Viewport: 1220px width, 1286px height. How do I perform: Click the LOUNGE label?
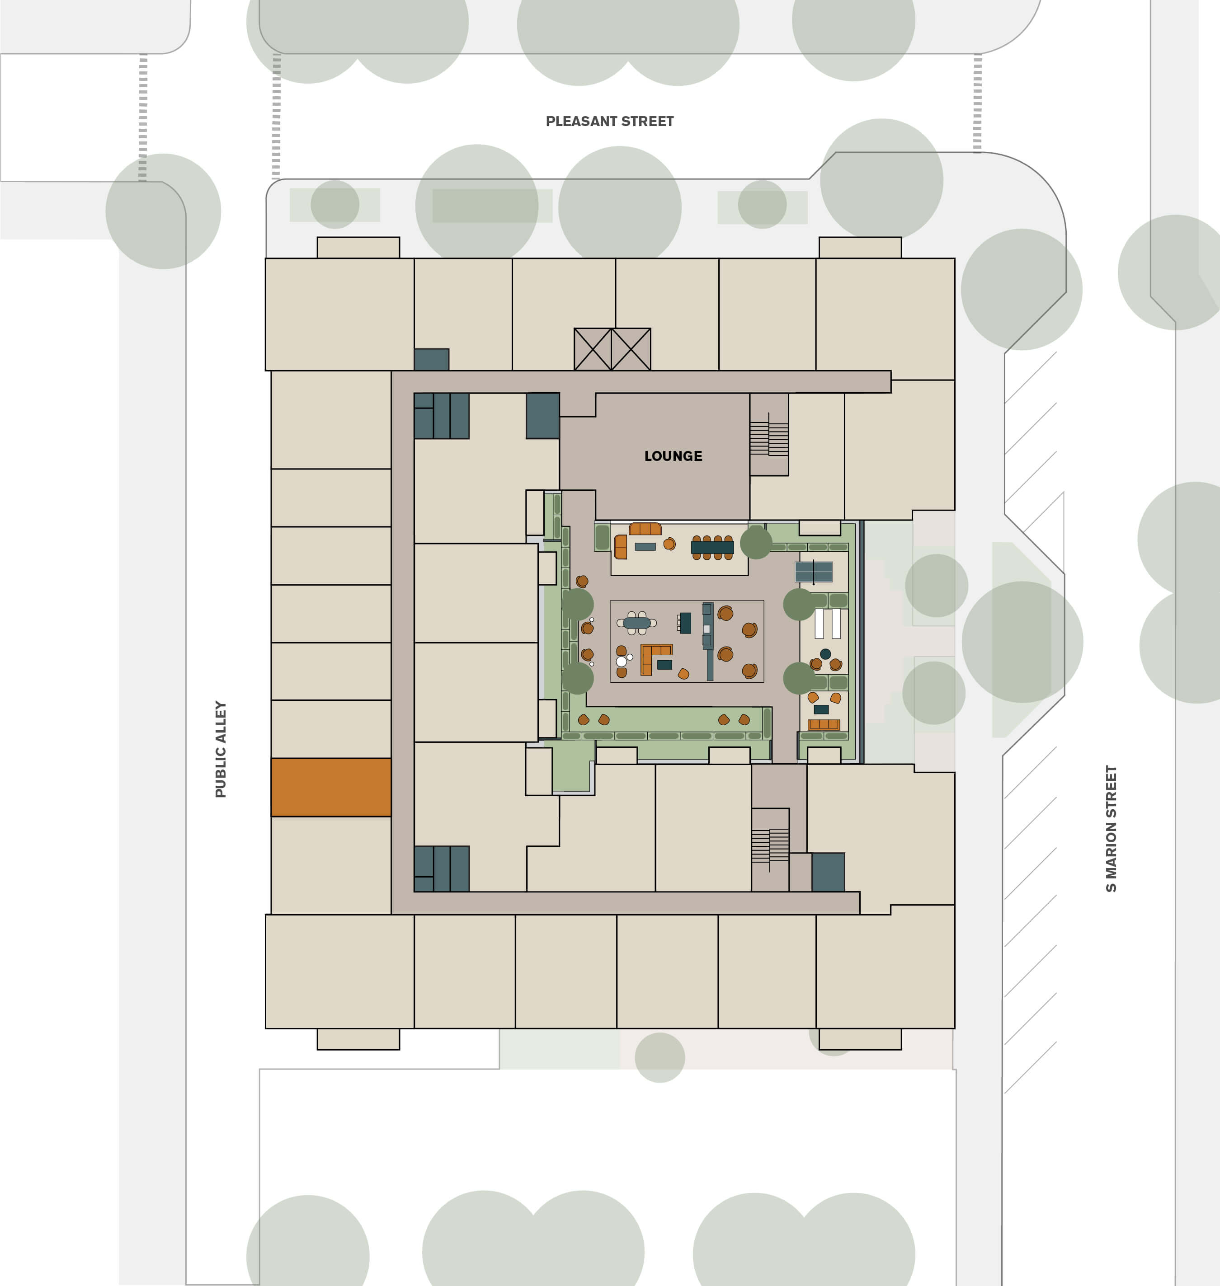pos(673,456)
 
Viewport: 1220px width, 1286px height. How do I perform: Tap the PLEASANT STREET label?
pos(609,122)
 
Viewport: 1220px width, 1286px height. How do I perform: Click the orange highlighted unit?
pos(331,787)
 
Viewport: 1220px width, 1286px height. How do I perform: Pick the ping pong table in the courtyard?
pos(814,572)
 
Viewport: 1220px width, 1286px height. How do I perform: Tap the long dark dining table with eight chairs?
pos(712,547)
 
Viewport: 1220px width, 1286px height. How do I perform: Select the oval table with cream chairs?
pos(636,623)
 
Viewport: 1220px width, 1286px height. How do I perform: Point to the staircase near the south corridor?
pos(770,846)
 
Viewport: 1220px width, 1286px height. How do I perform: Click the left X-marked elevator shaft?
pos(593,349)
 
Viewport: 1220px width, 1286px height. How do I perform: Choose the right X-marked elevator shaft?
pos(631,349)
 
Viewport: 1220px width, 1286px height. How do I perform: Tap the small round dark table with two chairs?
pos(825,654)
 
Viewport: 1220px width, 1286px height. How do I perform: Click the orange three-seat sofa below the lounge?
pos(645,529)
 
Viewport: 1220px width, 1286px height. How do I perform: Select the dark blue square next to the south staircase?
pos(828,872)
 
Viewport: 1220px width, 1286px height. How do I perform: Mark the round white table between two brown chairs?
pos(621,661)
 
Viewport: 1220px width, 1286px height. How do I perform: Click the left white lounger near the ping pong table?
pos(819,624)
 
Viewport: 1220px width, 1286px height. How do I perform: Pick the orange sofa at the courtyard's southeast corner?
pos(823,724)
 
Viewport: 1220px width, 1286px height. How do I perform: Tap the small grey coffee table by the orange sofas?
pos(645,547)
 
